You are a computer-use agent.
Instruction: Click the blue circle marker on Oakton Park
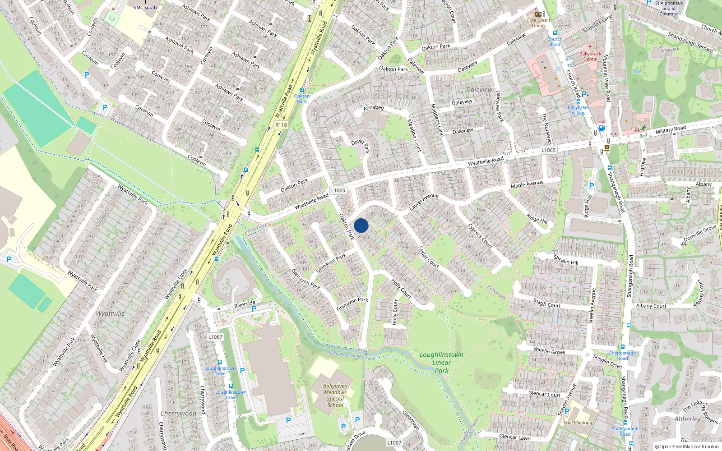[361, 225]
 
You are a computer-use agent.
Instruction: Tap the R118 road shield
[281, 125]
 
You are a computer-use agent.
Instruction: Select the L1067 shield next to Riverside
[215, 337]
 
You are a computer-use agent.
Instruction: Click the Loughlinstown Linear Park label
[441, 363]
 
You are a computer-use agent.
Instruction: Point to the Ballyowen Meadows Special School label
[335, 396]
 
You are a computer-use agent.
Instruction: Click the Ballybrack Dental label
[590, 56]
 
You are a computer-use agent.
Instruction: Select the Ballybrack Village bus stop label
[578, 110]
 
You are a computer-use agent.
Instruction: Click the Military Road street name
[671, 130]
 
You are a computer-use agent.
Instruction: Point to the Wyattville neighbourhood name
[110, 313]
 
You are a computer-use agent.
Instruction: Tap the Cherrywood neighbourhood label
[178, 413]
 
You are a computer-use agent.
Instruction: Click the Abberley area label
[687, 419]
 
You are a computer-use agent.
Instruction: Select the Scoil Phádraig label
[578, 423]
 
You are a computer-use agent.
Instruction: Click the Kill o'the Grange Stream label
[352, 356]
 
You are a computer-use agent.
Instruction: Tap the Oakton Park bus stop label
[301, 98]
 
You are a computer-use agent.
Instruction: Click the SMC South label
[145, 7]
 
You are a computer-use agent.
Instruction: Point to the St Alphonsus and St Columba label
[669, 8]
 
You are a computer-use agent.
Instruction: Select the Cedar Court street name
[429, 257]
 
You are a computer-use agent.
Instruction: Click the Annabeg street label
[373, 107]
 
